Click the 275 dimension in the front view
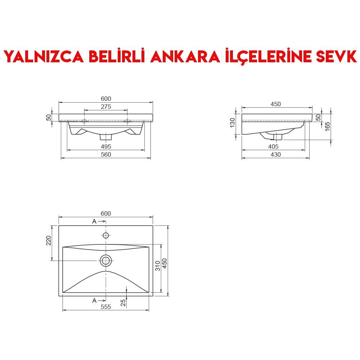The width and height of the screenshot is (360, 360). click(106, 107)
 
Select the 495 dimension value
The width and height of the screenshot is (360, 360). click(106, 147)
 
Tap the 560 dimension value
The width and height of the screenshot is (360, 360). click(106, 155)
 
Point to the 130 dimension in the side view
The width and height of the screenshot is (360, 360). click(233, 122)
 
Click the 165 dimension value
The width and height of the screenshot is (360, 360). click(327, 126)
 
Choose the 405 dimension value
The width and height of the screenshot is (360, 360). click(273, 147)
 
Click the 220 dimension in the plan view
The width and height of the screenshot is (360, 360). click(49, 240)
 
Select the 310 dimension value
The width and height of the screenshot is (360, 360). click(157, 266)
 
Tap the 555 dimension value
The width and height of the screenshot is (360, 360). click(106, 307)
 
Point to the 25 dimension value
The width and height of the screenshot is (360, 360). click(123, 302)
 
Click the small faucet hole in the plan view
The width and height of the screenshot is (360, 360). click(106, 235)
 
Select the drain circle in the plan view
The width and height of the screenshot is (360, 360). click(106, 260)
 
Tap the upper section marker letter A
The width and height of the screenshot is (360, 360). click(94, 221)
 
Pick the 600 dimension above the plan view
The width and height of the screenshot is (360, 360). click(106, 213)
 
